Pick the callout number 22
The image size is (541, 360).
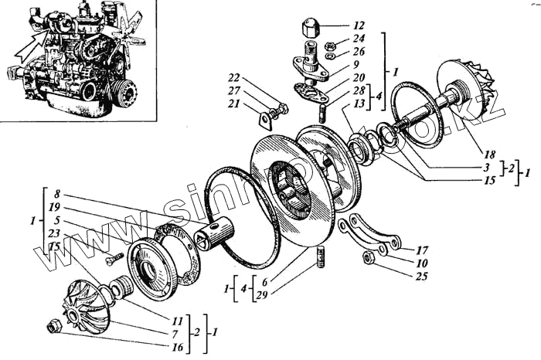[x=233, y=77]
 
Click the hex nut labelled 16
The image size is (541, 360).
[x=55, y=327]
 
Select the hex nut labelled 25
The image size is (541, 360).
[x=367, y=257]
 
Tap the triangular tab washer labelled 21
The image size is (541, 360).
[x=265, y=120]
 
